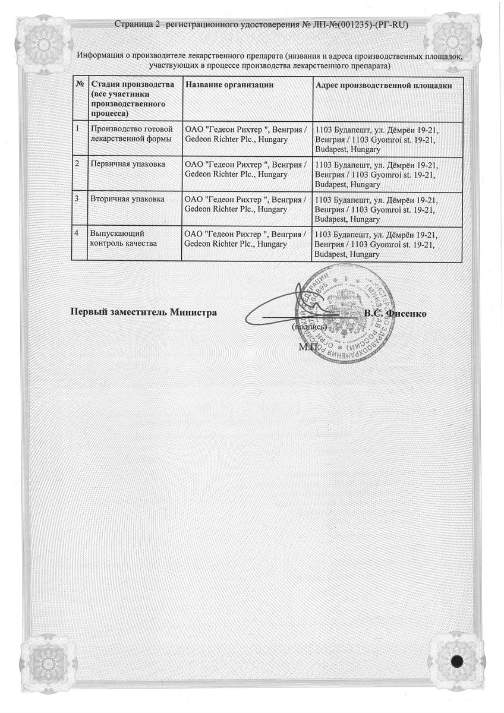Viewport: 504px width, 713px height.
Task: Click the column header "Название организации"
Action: click(229, 85)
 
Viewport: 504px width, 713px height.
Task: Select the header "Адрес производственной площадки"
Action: click(384, 86)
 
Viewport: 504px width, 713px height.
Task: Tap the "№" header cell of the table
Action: click(79, 85)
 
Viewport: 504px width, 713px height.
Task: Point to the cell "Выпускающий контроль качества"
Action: click(123, 238)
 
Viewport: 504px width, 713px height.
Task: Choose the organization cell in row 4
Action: click(246, 239)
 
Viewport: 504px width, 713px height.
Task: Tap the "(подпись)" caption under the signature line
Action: click(309, 326)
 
